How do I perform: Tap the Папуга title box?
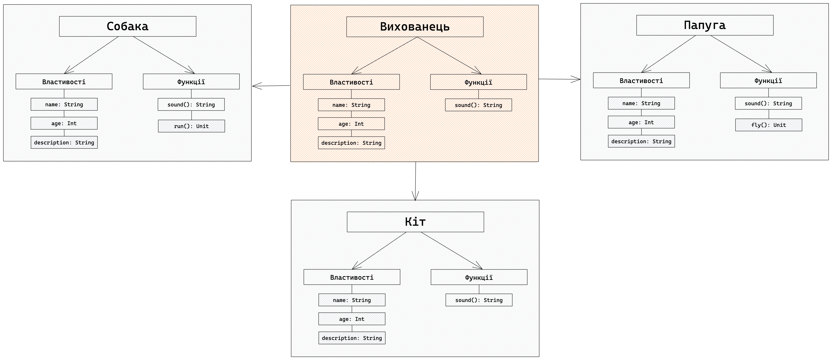tap(705, 25)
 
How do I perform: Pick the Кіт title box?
tap(415, 222)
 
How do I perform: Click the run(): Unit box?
tap(191, 126)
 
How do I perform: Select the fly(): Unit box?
tap(769, 125)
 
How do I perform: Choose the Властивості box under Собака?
tap(64, 81)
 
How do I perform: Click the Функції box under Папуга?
tap(768, 80)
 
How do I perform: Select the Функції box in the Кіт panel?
tap(479, 277)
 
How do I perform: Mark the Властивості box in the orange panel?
tap(351, 82)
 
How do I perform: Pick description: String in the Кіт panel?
tap(352, 338)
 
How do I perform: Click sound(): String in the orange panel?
tap(478, 105)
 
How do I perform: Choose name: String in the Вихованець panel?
tap(351, 105)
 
